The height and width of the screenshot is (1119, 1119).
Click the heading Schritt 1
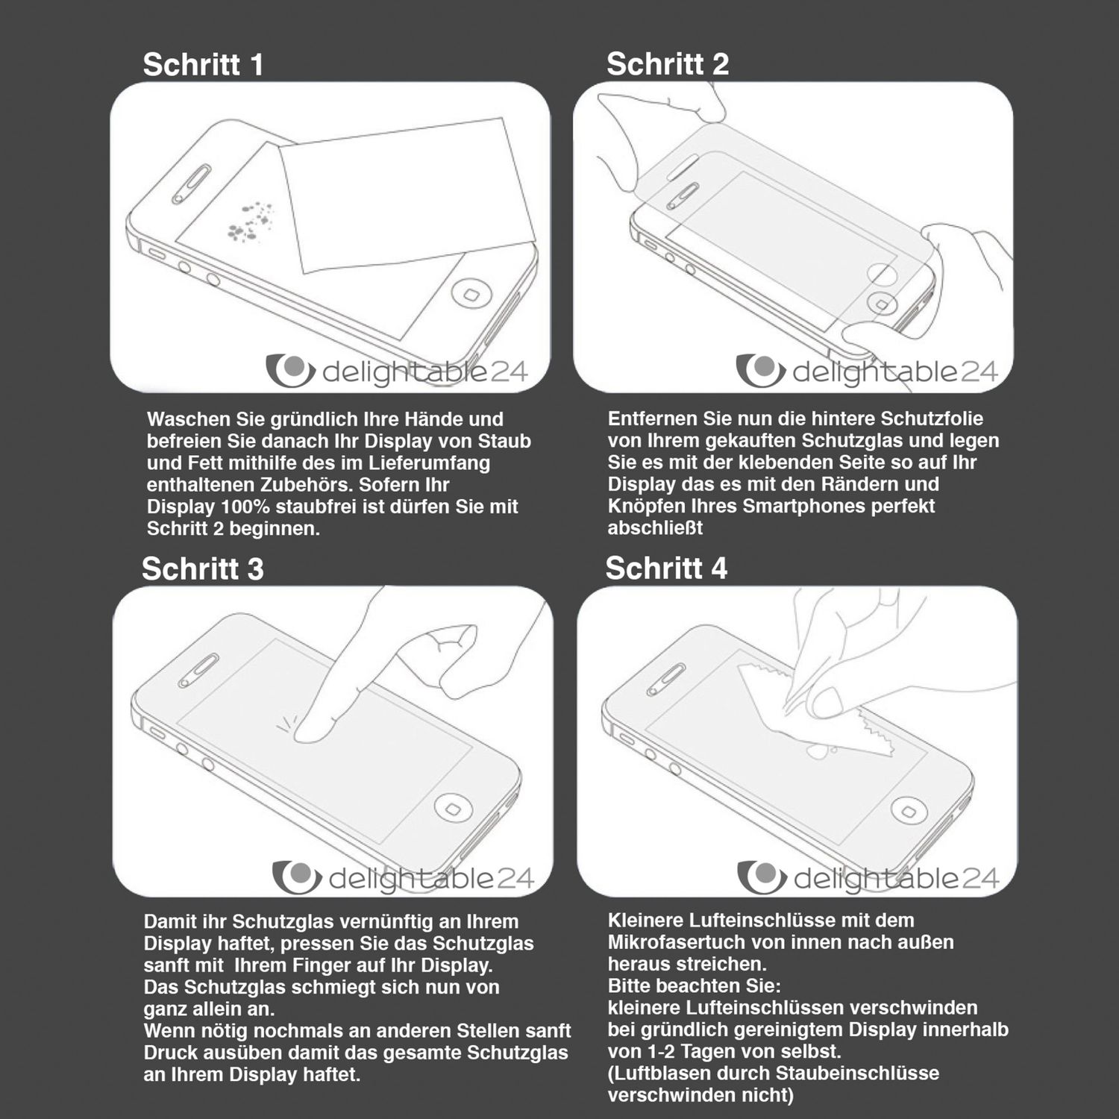[x=203, y=65]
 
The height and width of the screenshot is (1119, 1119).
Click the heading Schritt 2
[x=667, y=64]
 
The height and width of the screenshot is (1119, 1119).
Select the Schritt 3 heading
[x=202, y=569]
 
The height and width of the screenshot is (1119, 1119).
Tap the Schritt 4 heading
[x=665, y=568]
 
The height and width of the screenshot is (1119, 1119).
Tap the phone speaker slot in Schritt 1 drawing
[x=191, y=184]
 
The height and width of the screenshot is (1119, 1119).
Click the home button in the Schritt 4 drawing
[x=908, y=810]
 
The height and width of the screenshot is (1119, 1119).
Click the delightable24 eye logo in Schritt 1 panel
[x=290, y=371]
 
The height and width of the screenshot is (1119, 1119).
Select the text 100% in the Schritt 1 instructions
[x=244, y=507]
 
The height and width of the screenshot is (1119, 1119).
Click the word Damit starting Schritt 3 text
[x=167, y=922]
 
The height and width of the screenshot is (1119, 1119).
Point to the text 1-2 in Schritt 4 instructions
[x=656, y=1052]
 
